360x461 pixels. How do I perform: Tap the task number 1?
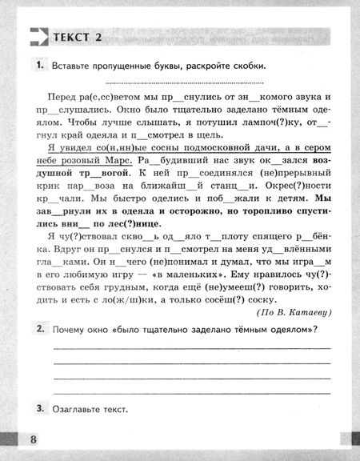pyautogui.click(x=38, y=65)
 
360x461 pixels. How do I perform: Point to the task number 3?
pyautogui.click(x=38, y=409)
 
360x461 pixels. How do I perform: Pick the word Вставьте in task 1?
pyautogui.click(x=72, y=66)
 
